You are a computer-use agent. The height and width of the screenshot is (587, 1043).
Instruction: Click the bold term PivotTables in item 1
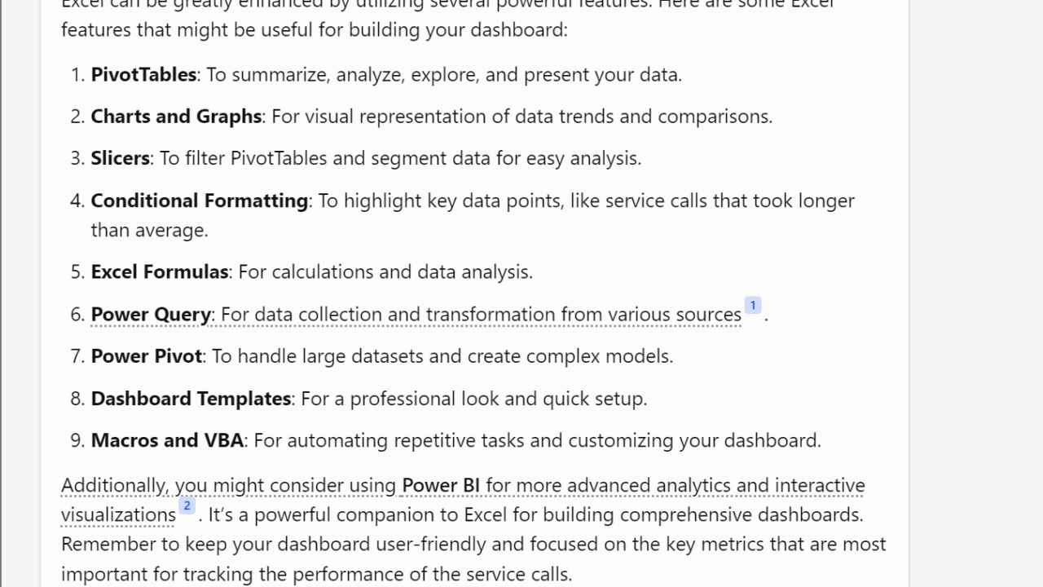point(143,75)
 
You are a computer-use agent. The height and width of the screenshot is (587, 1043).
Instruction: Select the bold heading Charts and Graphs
point(176,117)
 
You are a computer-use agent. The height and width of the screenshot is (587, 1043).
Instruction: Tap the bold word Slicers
point(120,158)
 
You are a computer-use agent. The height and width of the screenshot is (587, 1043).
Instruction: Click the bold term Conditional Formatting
point(199,201)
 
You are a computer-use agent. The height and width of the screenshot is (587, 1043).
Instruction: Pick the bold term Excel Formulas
point(160,272)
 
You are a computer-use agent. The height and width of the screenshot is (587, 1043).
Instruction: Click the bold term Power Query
point(151,315)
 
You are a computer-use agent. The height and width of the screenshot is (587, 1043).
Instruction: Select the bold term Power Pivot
point(147,356)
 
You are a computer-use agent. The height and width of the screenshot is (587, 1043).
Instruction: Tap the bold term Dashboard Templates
point(191,399)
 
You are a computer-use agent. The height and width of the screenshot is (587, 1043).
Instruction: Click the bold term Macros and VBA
point(167,441)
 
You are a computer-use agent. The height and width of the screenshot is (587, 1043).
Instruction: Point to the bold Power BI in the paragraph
point(441,486)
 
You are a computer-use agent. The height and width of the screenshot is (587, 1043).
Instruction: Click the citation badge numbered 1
point(753,306)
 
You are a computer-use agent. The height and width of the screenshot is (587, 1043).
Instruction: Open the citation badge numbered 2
point(187,506)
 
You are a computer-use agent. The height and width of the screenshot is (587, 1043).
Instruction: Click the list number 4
point(77,201)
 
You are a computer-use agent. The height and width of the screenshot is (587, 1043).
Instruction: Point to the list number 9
point(77,441)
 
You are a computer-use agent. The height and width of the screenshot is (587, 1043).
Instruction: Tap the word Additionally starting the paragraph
point(113,486)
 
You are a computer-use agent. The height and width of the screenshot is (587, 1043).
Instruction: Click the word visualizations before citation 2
point(118,515)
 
